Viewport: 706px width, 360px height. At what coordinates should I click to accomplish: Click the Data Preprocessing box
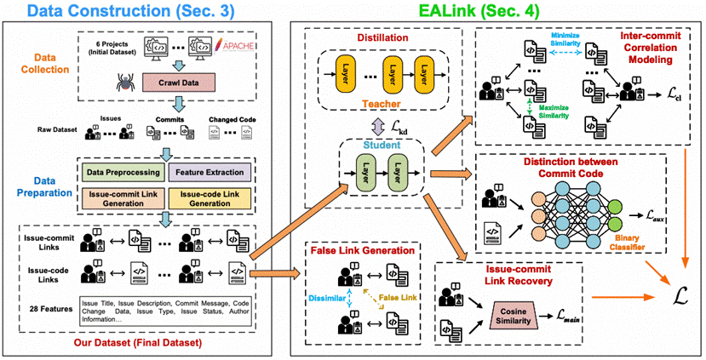tap(122, 173)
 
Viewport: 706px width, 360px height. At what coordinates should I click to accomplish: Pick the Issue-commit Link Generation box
tap(122, 199)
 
